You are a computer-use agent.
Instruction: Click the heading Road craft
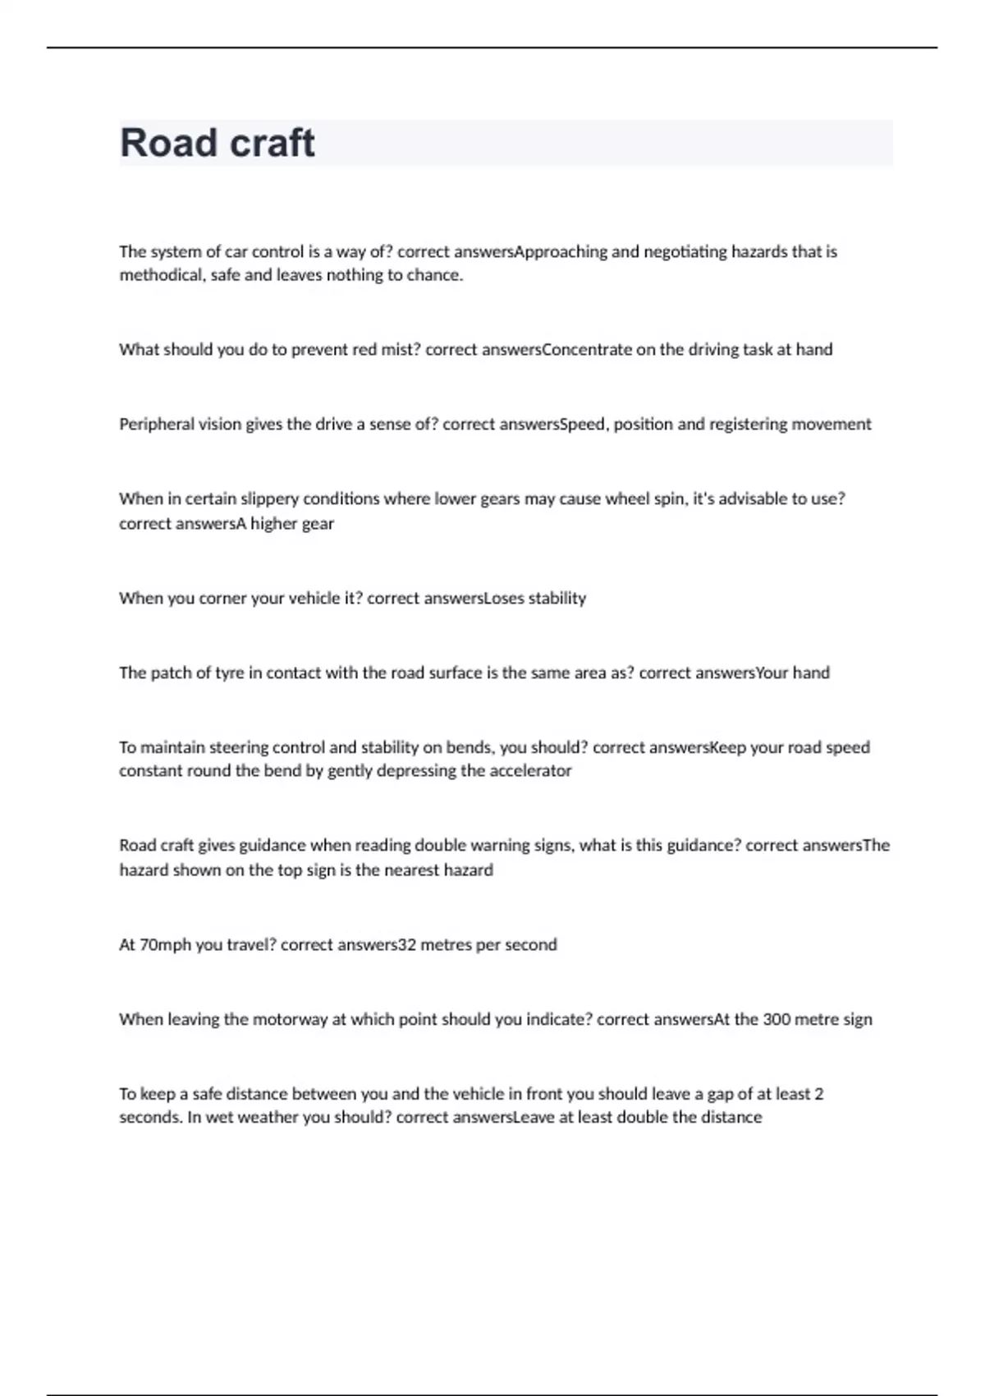218,143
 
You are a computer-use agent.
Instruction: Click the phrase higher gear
292,524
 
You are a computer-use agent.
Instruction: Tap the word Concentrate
588,350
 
